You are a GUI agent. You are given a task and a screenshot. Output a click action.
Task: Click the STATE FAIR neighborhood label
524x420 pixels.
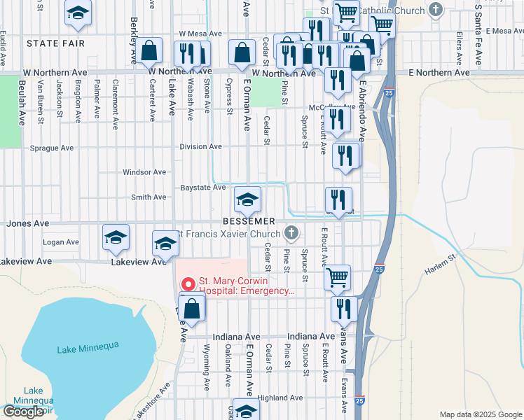(55, 43)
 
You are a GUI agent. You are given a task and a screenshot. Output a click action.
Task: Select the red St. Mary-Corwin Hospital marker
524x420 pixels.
(187, 285)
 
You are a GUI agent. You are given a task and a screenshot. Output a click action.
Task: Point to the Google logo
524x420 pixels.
(23, 412)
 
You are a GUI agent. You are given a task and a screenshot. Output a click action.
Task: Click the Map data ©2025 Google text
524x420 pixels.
(481, 414)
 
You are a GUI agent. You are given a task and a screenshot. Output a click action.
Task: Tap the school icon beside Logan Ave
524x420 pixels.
(116, 237)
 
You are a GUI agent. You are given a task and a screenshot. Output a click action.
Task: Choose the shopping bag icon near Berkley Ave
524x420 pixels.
(149, 51)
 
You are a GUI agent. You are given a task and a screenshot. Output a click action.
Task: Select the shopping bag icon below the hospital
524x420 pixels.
(192, 307)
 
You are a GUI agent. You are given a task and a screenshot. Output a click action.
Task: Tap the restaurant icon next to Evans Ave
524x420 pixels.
(344, 307)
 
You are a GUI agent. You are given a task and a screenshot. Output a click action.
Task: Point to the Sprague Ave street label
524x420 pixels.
(52, 148)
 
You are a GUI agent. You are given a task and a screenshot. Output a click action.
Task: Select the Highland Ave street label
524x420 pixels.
(280, 398)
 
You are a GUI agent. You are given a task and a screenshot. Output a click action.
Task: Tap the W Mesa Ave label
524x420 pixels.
(200, 33)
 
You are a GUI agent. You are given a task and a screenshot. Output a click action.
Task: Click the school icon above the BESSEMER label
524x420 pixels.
(247, 200)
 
